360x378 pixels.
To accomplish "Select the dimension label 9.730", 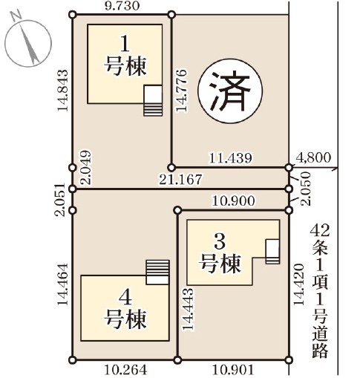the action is coord(122,6).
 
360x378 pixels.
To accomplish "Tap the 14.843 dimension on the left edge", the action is coord(62,91).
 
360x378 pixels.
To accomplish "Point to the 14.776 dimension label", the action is coord(181,91).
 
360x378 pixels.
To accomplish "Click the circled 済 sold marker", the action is coord(230,91).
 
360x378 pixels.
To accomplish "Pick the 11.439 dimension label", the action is coord(231,158).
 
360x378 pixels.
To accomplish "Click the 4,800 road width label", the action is coord(313,157).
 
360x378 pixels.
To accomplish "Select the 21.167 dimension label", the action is coord(180,179).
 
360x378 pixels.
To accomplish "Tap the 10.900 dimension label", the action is coord(233,201).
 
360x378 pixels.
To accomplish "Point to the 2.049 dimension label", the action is coord(86,168).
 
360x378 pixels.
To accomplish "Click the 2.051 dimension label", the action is coord(60,200).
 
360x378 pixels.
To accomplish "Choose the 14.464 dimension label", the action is coord(62,284).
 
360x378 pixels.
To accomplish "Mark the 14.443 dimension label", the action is coord(189,308).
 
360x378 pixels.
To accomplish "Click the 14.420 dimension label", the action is coord(298,284).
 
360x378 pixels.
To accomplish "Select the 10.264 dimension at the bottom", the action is coord(125,371).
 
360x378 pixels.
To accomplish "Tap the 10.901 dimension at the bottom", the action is coord(233,371).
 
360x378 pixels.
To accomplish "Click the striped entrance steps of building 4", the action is coord(158,267).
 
